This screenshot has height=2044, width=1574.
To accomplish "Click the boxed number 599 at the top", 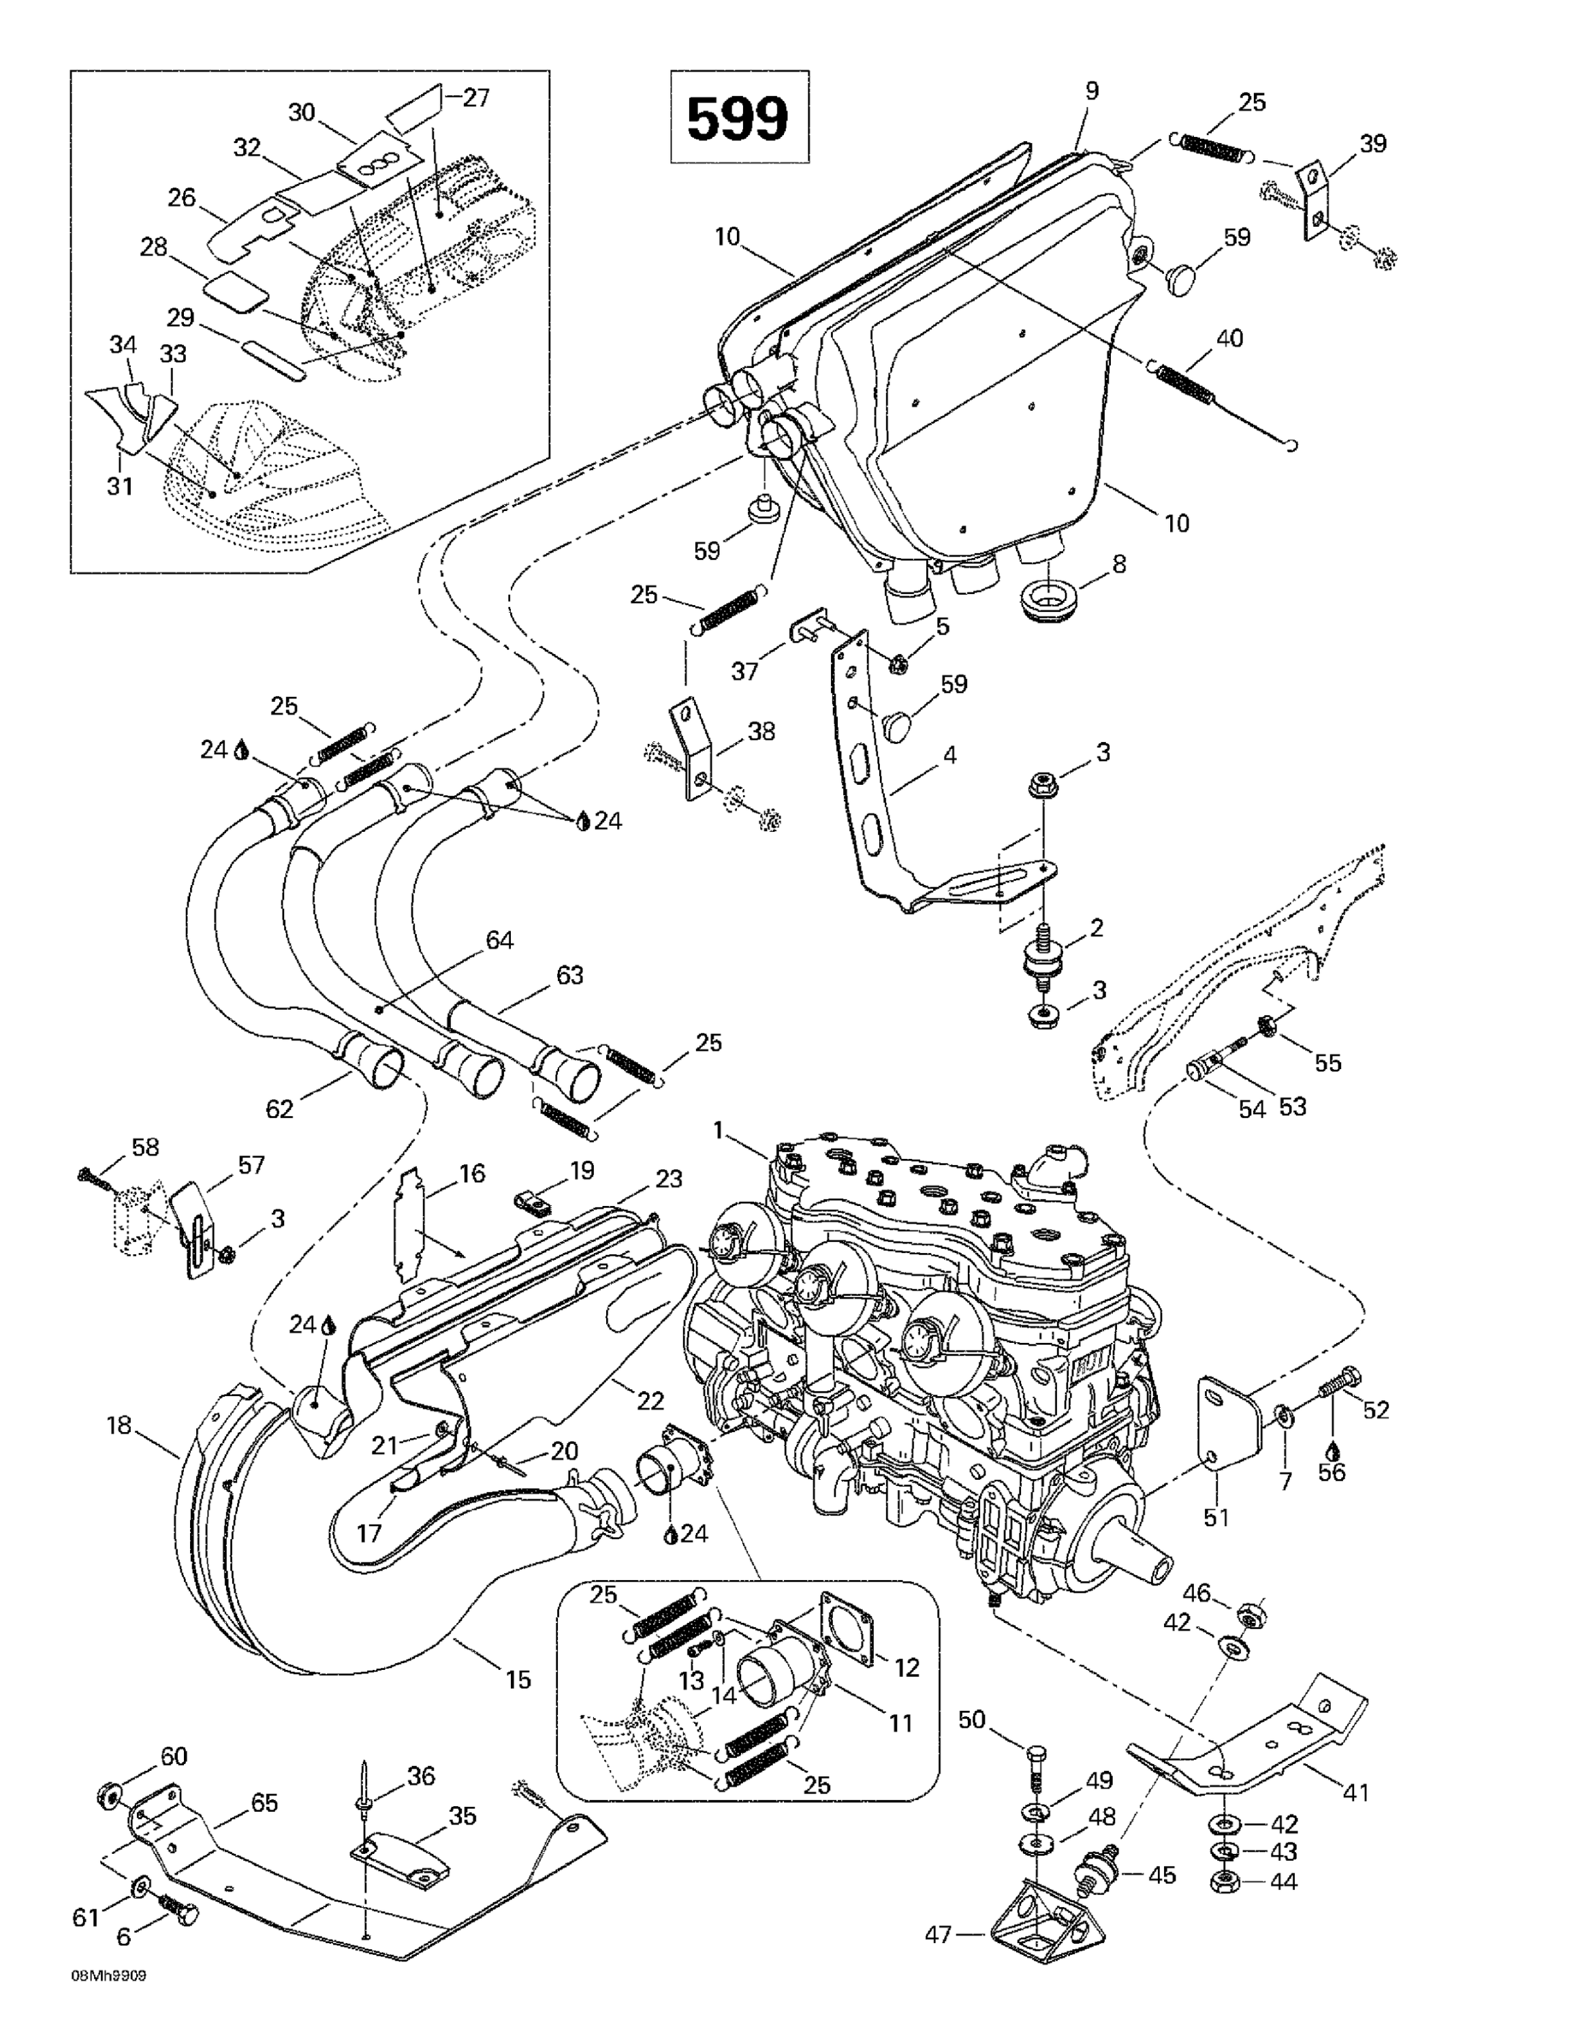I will tap(738, 118).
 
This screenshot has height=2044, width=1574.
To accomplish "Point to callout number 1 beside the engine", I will tap(719, 1132).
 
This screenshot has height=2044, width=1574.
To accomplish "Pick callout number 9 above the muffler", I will tap(1092, 91).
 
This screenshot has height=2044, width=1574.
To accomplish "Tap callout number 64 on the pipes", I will tap(500, 940).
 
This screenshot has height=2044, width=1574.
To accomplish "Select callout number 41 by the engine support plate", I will tap(1356, 1792).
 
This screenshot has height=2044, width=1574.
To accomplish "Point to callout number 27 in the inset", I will tap(476, 97).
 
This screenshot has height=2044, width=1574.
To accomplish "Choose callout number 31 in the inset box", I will tap(120, 486).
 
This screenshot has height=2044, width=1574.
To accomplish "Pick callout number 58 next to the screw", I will tap(145, 1147).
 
